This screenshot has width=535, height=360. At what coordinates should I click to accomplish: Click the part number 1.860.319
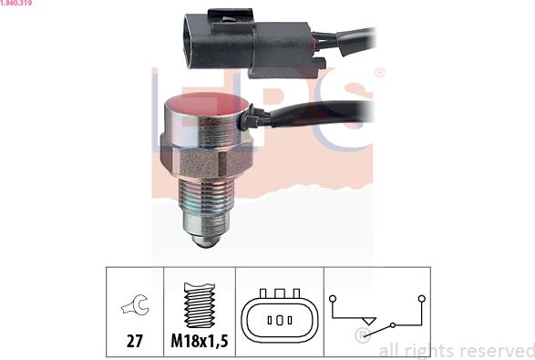[x=16, y=3]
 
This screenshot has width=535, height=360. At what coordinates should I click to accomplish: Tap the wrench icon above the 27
[x=135, y=304]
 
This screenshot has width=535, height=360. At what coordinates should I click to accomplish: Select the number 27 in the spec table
[x=135, y=341]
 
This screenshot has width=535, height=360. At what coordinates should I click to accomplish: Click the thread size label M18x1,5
[x=200, y=341]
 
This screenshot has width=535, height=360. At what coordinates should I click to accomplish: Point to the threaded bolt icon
[x=200, y=304]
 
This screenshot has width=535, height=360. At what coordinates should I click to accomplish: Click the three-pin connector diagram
[x=280, y=315]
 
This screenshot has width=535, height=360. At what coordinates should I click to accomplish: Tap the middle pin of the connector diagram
[x=280, y=321]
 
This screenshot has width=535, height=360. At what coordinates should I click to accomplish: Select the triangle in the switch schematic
[x=369, y=321]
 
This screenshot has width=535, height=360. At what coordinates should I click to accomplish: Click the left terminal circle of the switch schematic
[x=333, y=299]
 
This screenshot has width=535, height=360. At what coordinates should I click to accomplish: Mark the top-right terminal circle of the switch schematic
[x=422, y=299]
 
